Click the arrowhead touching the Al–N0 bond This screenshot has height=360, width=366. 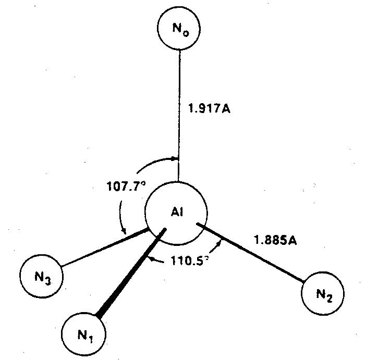point(175,158)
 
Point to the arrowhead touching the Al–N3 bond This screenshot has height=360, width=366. point(124,233)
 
